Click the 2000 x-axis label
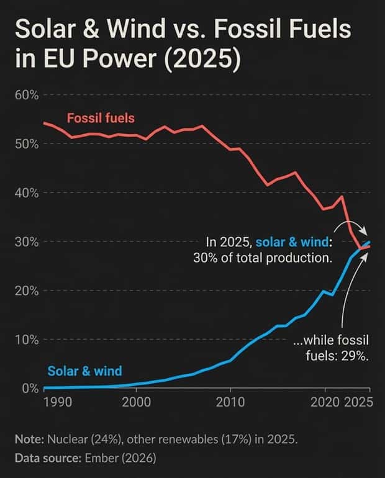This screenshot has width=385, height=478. point(135,402)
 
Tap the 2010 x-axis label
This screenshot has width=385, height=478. point(230,402)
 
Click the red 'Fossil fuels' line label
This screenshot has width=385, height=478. point(100,117)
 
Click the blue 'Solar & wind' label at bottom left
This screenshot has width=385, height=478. point(84,371)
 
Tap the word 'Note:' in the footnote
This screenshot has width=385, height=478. point(29,439)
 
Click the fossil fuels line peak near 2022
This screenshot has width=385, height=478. point(342,196)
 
